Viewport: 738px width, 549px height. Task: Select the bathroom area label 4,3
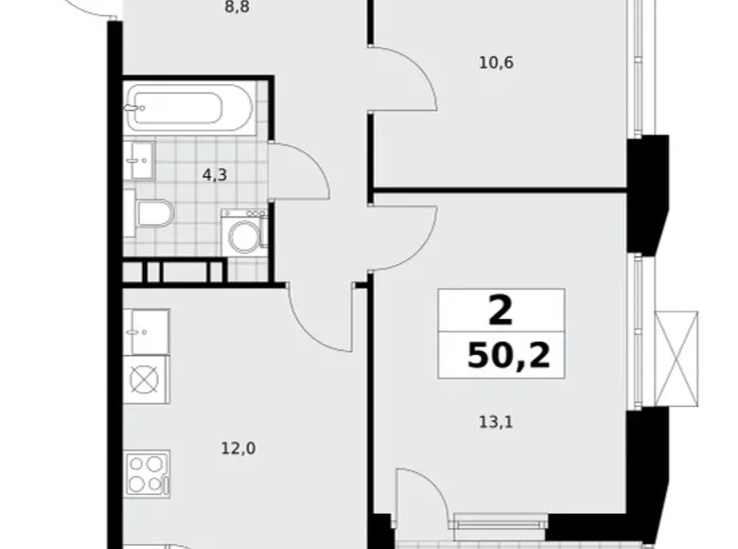pyautogui.click(x=214, y=174)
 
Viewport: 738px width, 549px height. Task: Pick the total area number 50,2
pyautogui.click(x=508, y=357)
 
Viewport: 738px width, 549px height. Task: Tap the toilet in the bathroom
pyautogui.click(x=153, y=213)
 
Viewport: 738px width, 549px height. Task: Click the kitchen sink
pyautogui.click(x=147, y=332)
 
